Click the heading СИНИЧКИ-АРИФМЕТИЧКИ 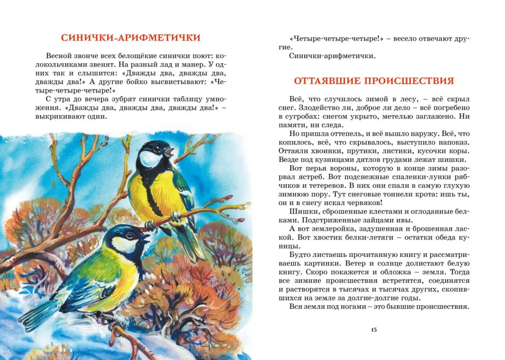point(130,37)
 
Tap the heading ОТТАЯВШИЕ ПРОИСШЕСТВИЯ point(374,80)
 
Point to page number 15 point(374,329)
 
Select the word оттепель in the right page point(331,133)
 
